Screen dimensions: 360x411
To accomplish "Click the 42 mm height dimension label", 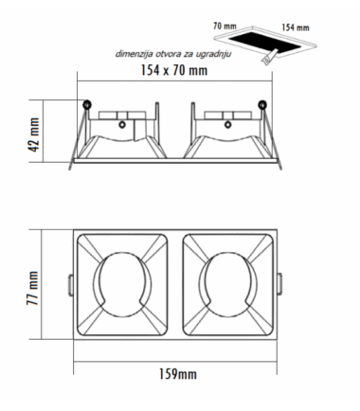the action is pyautogui.click(x=34, y=134).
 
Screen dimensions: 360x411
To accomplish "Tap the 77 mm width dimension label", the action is pyautogui.click(x=32, y=288).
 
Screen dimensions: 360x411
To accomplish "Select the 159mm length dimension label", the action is pyautogui.click(x=178, y=374).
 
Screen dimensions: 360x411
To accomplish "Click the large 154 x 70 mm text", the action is pyautogui.click(x=174, y=70).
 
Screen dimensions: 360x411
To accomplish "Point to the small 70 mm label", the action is pyautogui.click(x=225, y=26).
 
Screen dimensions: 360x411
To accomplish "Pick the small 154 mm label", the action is pyautogui.click(x=296, y=27).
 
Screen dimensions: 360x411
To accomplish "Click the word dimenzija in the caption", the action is pyautogui.click(x=135, y=54).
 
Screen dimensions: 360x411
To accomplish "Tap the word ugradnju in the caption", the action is pyautogui.click(x=213, y=55).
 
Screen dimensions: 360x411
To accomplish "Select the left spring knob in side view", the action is pyautogui.click(x=86, y=104).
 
